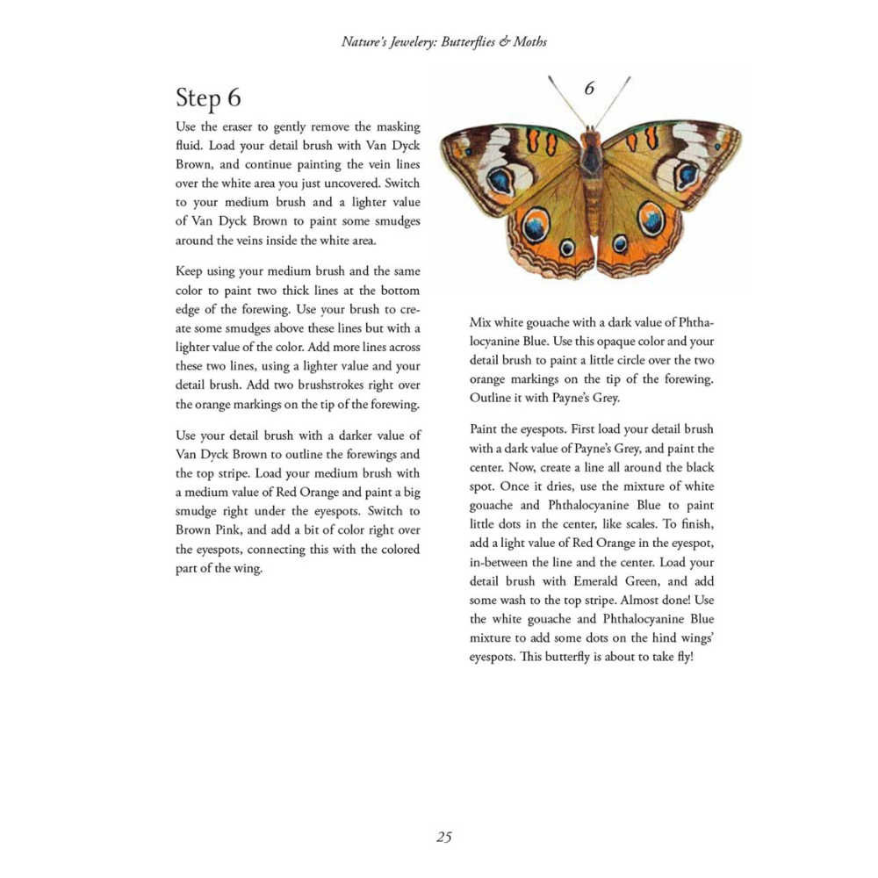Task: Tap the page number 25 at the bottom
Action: click(444, 837)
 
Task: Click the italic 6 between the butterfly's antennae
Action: click(589, 88)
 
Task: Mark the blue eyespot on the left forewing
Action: click(501, 181)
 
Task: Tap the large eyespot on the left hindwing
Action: click(536, 227)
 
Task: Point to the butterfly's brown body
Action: click(591, 176)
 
